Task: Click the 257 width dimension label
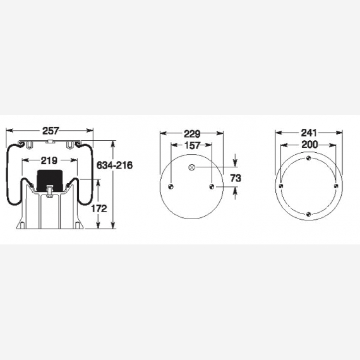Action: [51, 131]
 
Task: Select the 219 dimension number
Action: [49, 160]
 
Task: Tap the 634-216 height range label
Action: [114, 165]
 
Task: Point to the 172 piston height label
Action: [99, 208]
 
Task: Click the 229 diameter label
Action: [192, 134]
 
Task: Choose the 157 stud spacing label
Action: [192, 145]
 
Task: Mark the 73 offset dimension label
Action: [236, 178]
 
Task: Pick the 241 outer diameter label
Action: [309, 133]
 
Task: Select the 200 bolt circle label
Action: [309, 145]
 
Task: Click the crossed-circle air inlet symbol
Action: [191, 167]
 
